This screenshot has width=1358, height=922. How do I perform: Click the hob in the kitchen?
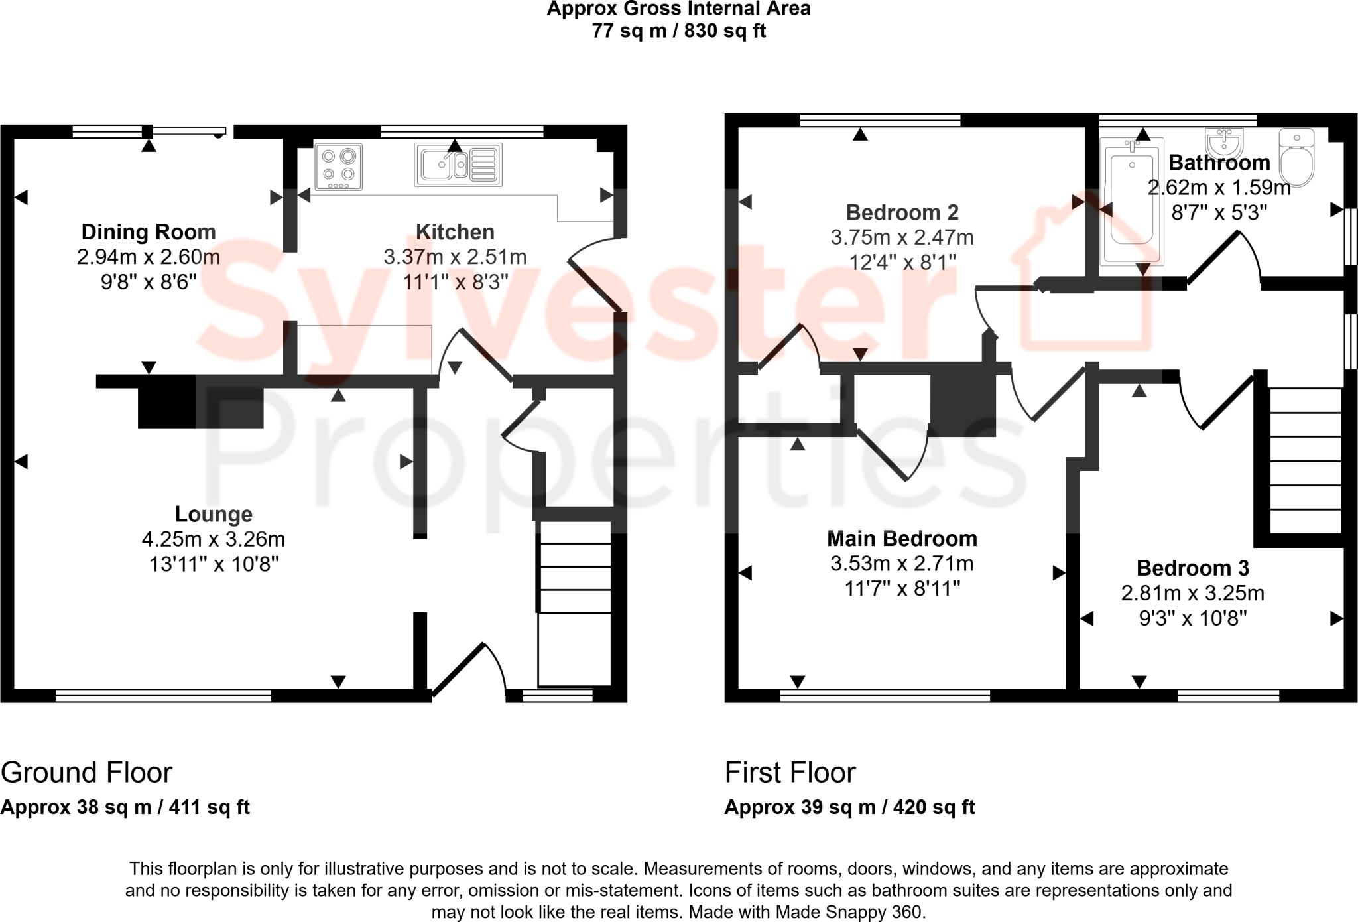tap(338, 166)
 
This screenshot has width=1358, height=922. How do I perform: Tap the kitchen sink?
tap(458, 164)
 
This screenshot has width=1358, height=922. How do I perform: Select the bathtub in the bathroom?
tap(1132, 201)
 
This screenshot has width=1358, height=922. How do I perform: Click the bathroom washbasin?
tap(1224, 143)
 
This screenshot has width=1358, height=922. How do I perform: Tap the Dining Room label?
tap(149, 232)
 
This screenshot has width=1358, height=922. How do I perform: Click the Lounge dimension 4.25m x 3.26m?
tap(214, 539)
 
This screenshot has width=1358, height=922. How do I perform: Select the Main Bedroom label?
tap(902, 539)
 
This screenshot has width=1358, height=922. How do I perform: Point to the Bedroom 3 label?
tap(1192, 568)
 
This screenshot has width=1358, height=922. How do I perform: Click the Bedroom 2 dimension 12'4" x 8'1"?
tap(902, 263)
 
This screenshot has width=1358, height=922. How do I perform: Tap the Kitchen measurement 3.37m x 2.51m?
tap(455, 257)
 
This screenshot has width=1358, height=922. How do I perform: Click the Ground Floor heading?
tap(86, 773)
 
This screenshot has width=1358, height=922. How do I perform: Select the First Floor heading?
tap(790, 773)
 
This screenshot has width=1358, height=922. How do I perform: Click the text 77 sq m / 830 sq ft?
tap(678, 31)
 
